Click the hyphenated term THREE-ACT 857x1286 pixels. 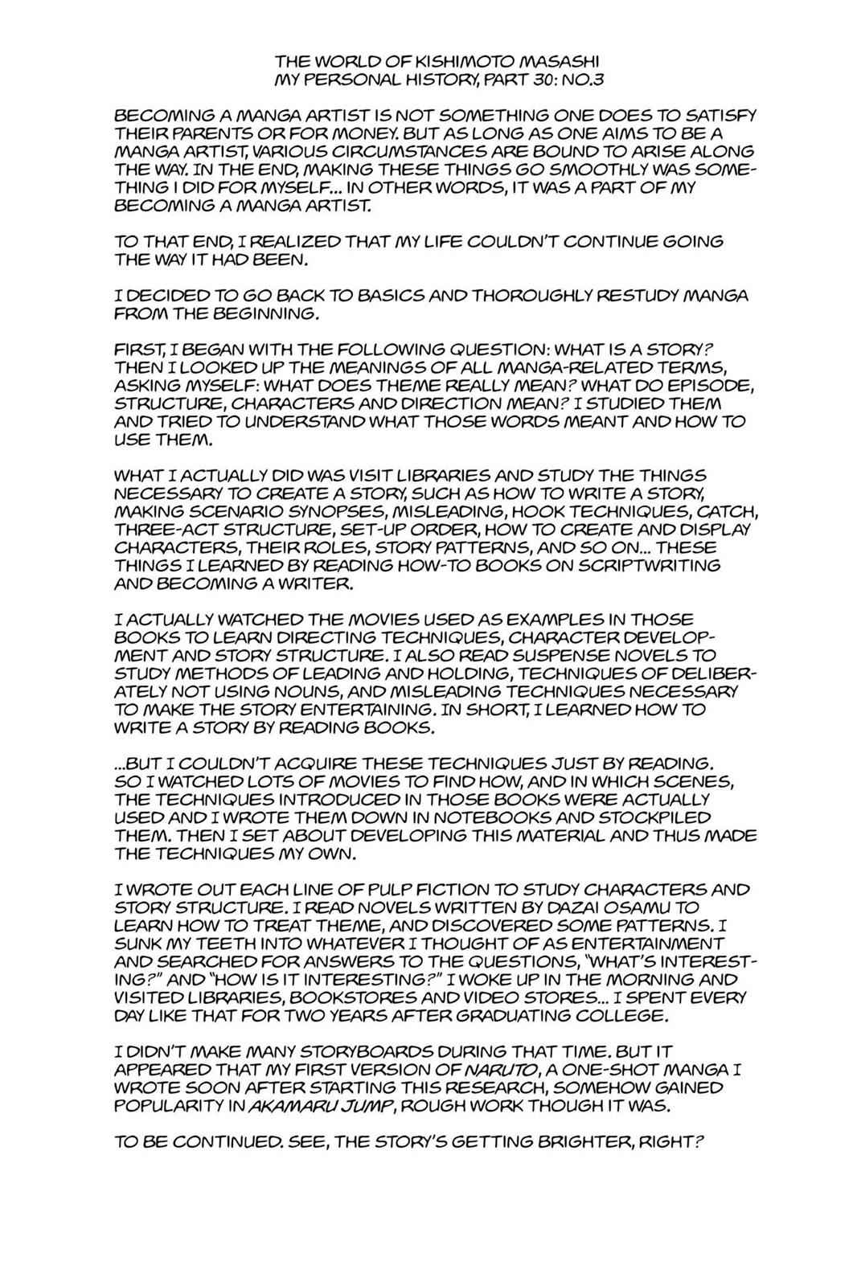click(x=158, y=529)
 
